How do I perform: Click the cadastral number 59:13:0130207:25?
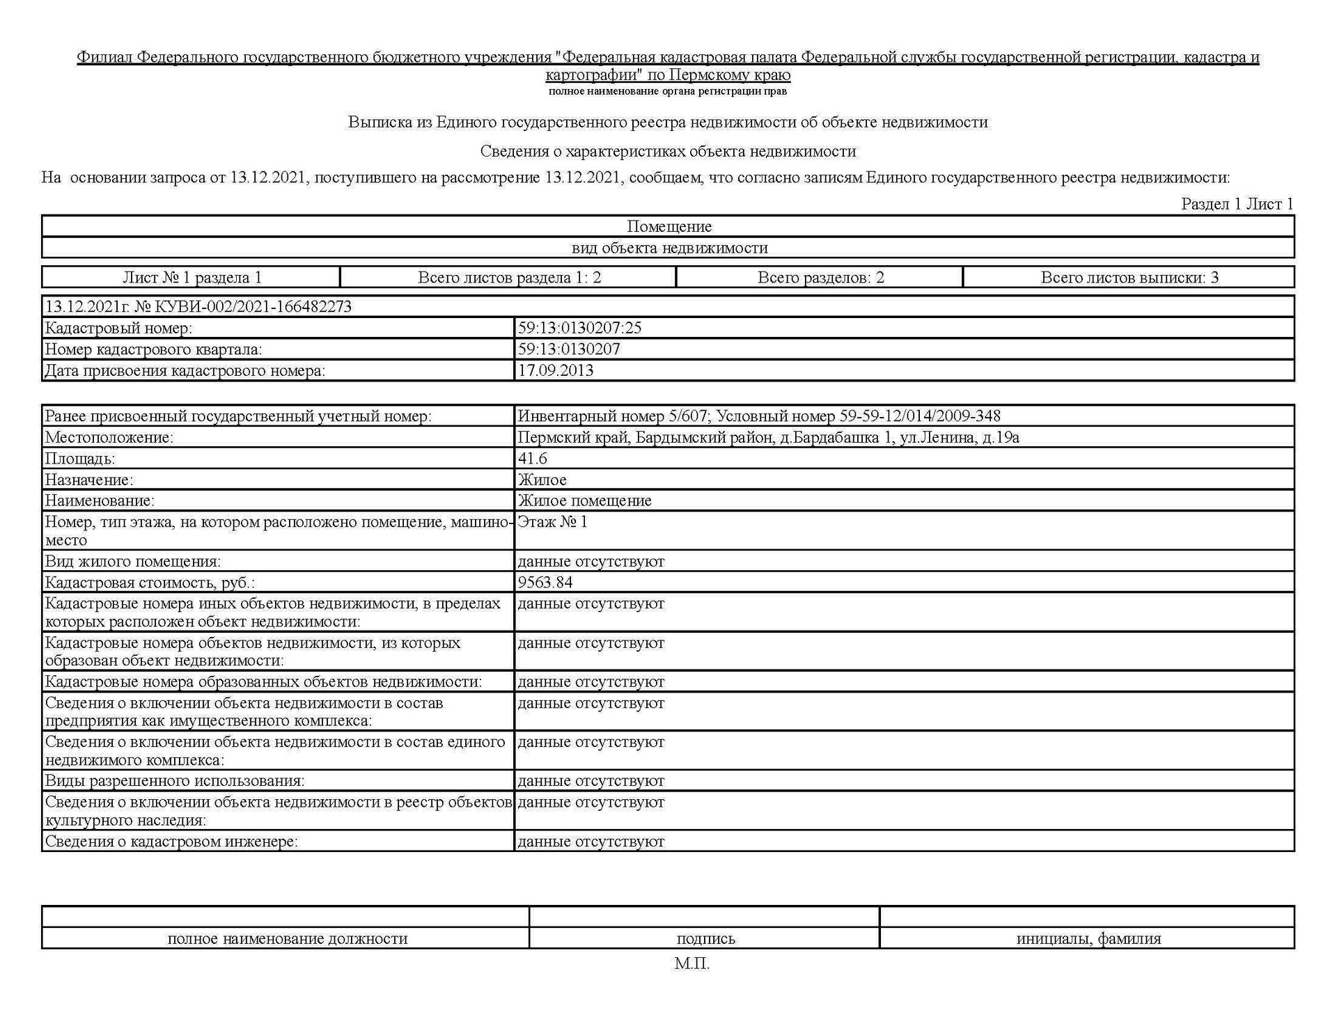pyautogui.click(x=579, y=328)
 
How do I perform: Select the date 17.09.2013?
pyautogui.click(x=555, y=370)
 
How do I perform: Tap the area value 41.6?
pyautogui.click(x=532, y=458)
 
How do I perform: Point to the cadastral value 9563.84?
pyautogui.click(x=545, y=582)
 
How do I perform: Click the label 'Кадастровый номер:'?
pyautogui.click(x=118, y=328)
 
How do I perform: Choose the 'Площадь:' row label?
pyautogui.click(x=80, y=459)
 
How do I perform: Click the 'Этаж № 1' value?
pyautogui.click(x=552, y=522)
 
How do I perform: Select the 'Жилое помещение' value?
pyautogui.click(x=584, y=500)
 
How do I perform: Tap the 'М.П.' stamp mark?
pyautogui.click(x=691, y=964)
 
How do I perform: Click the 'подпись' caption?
pyautogui.click(x=705, y=938)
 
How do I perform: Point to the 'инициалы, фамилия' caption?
pyautogui.click(x=1088, y=938)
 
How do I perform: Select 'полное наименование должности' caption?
pyautogui.click(x=287, y=938)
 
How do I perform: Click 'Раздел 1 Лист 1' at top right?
pyautogui.click(x=1237, y=204)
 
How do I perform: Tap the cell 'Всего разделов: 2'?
pyautogui.click(x=820, y=278)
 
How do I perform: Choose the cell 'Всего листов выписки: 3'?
pyautogui.click(x=1129, y=278)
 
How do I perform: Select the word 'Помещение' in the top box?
pyautogui.click(x=668, y=226)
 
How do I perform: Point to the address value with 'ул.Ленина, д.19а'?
pyautogui.click(x=768, y=437)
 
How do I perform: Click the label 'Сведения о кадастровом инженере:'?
pyautogui.click(x=171, y=842)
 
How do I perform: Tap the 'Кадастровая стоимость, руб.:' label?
pyautogui.click(x=150, y=583)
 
